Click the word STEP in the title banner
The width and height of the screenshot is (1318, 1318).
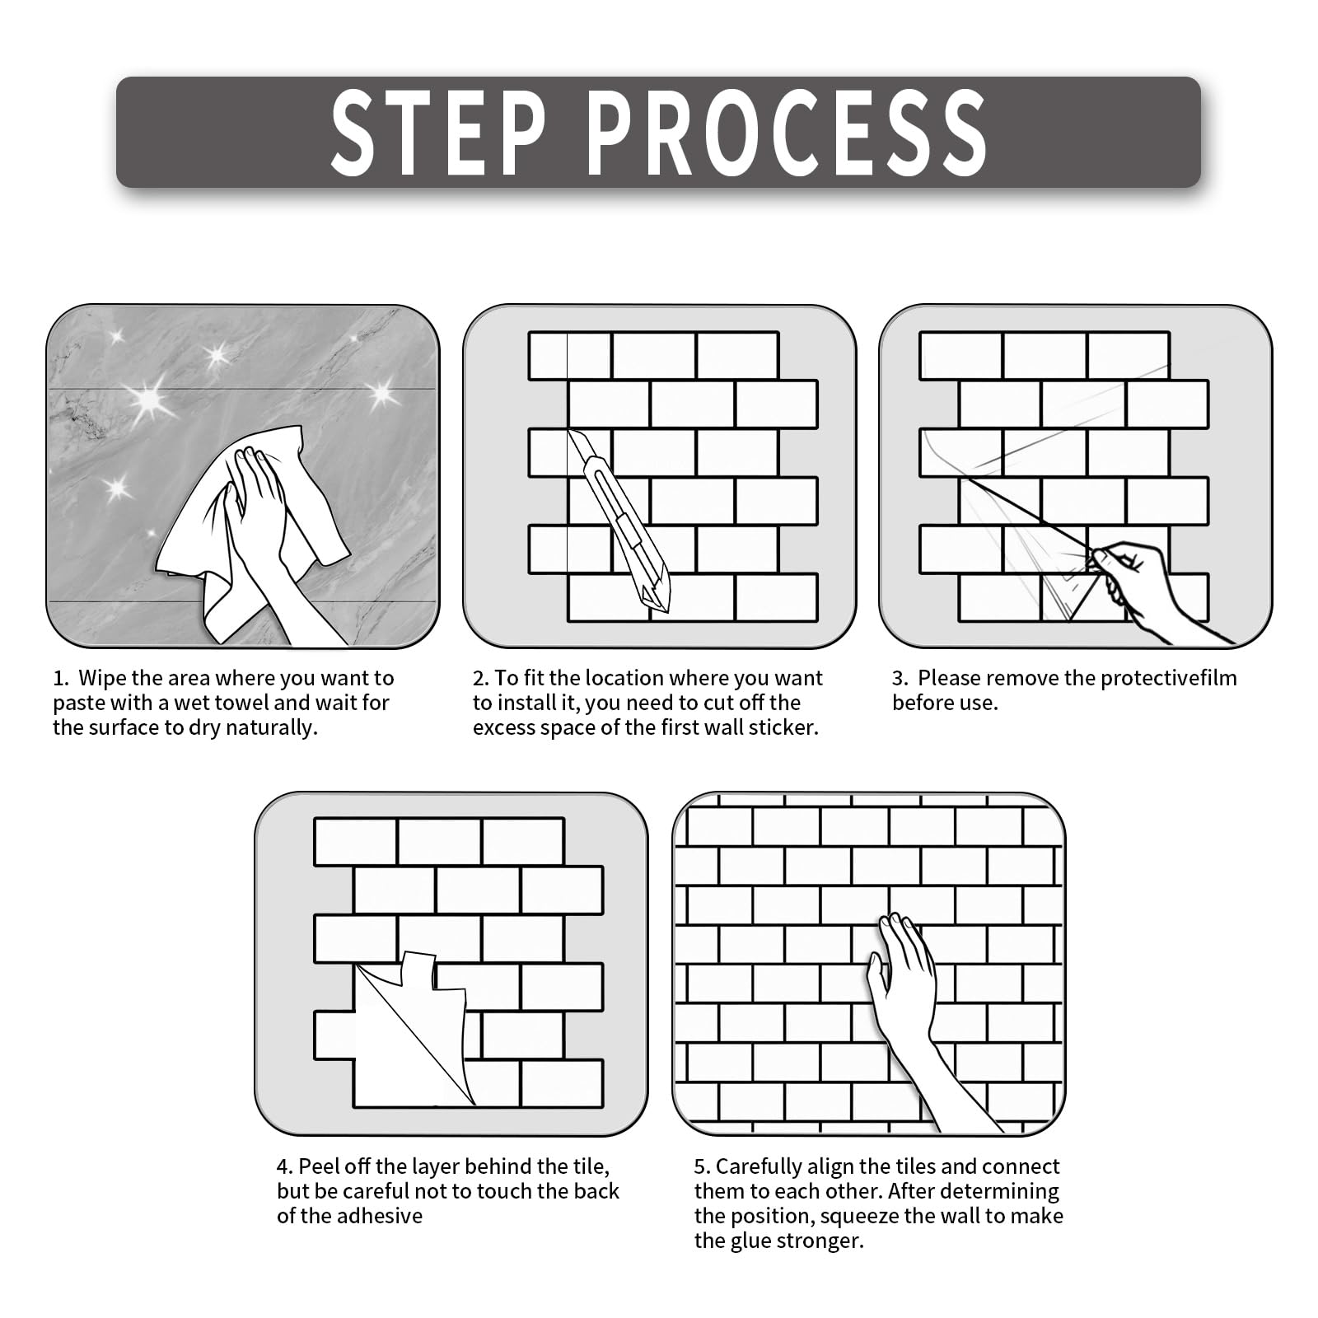(x=438, y=132)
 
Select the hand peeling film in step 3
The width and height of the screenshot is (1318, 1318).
(x=1153, y=589)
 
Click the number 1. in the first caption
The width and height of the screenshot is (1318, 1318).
(x=60, y=679)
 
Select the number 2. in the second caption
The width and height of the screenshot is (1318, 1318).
(x=481, y=679)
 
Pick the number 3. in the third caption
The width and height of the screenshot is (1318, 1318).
(x=900, y=679)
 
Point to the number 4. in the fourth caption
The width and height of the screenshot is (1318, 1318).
(x=285, y=1167)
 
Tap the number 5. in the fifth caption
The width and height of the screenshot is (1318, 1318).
(x=702, y=1167)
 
